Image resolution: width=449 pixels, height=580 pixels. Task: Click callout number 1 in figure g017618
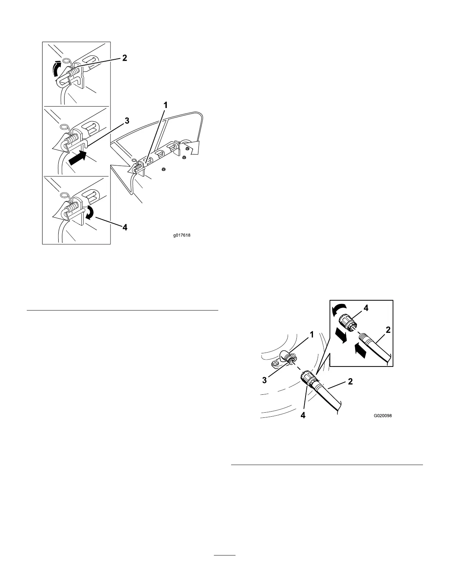(166, 105)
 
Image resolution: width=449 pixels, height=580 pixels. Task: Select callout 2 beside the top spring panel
(125, 58)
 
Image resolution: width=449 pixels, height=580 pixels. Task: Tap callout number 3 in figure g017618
(127, 120)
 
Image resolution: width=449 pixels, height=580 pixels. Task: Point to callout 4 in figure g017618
(125, 227)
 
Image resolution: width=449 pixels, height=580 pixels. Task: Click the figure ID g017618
(182, 235)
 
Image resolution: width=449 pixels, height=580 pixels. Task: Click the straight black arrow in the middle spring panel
(78, 158)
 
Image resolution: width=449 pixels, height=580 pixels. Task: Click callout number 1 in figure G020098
(311, 334)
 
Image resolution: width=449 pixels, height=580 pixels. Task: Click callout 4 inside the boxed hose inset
(365, 308)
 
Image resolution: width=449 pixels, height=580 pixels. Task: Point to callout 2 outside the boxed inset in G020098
(350, 382)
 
